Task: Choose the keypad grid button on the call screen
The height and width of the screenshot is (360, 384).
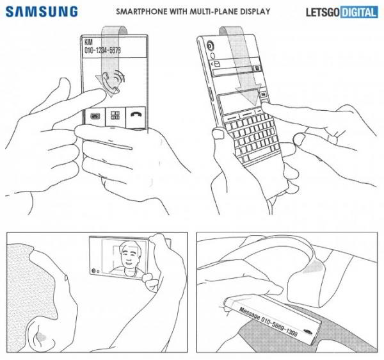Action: pos(116,117)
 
